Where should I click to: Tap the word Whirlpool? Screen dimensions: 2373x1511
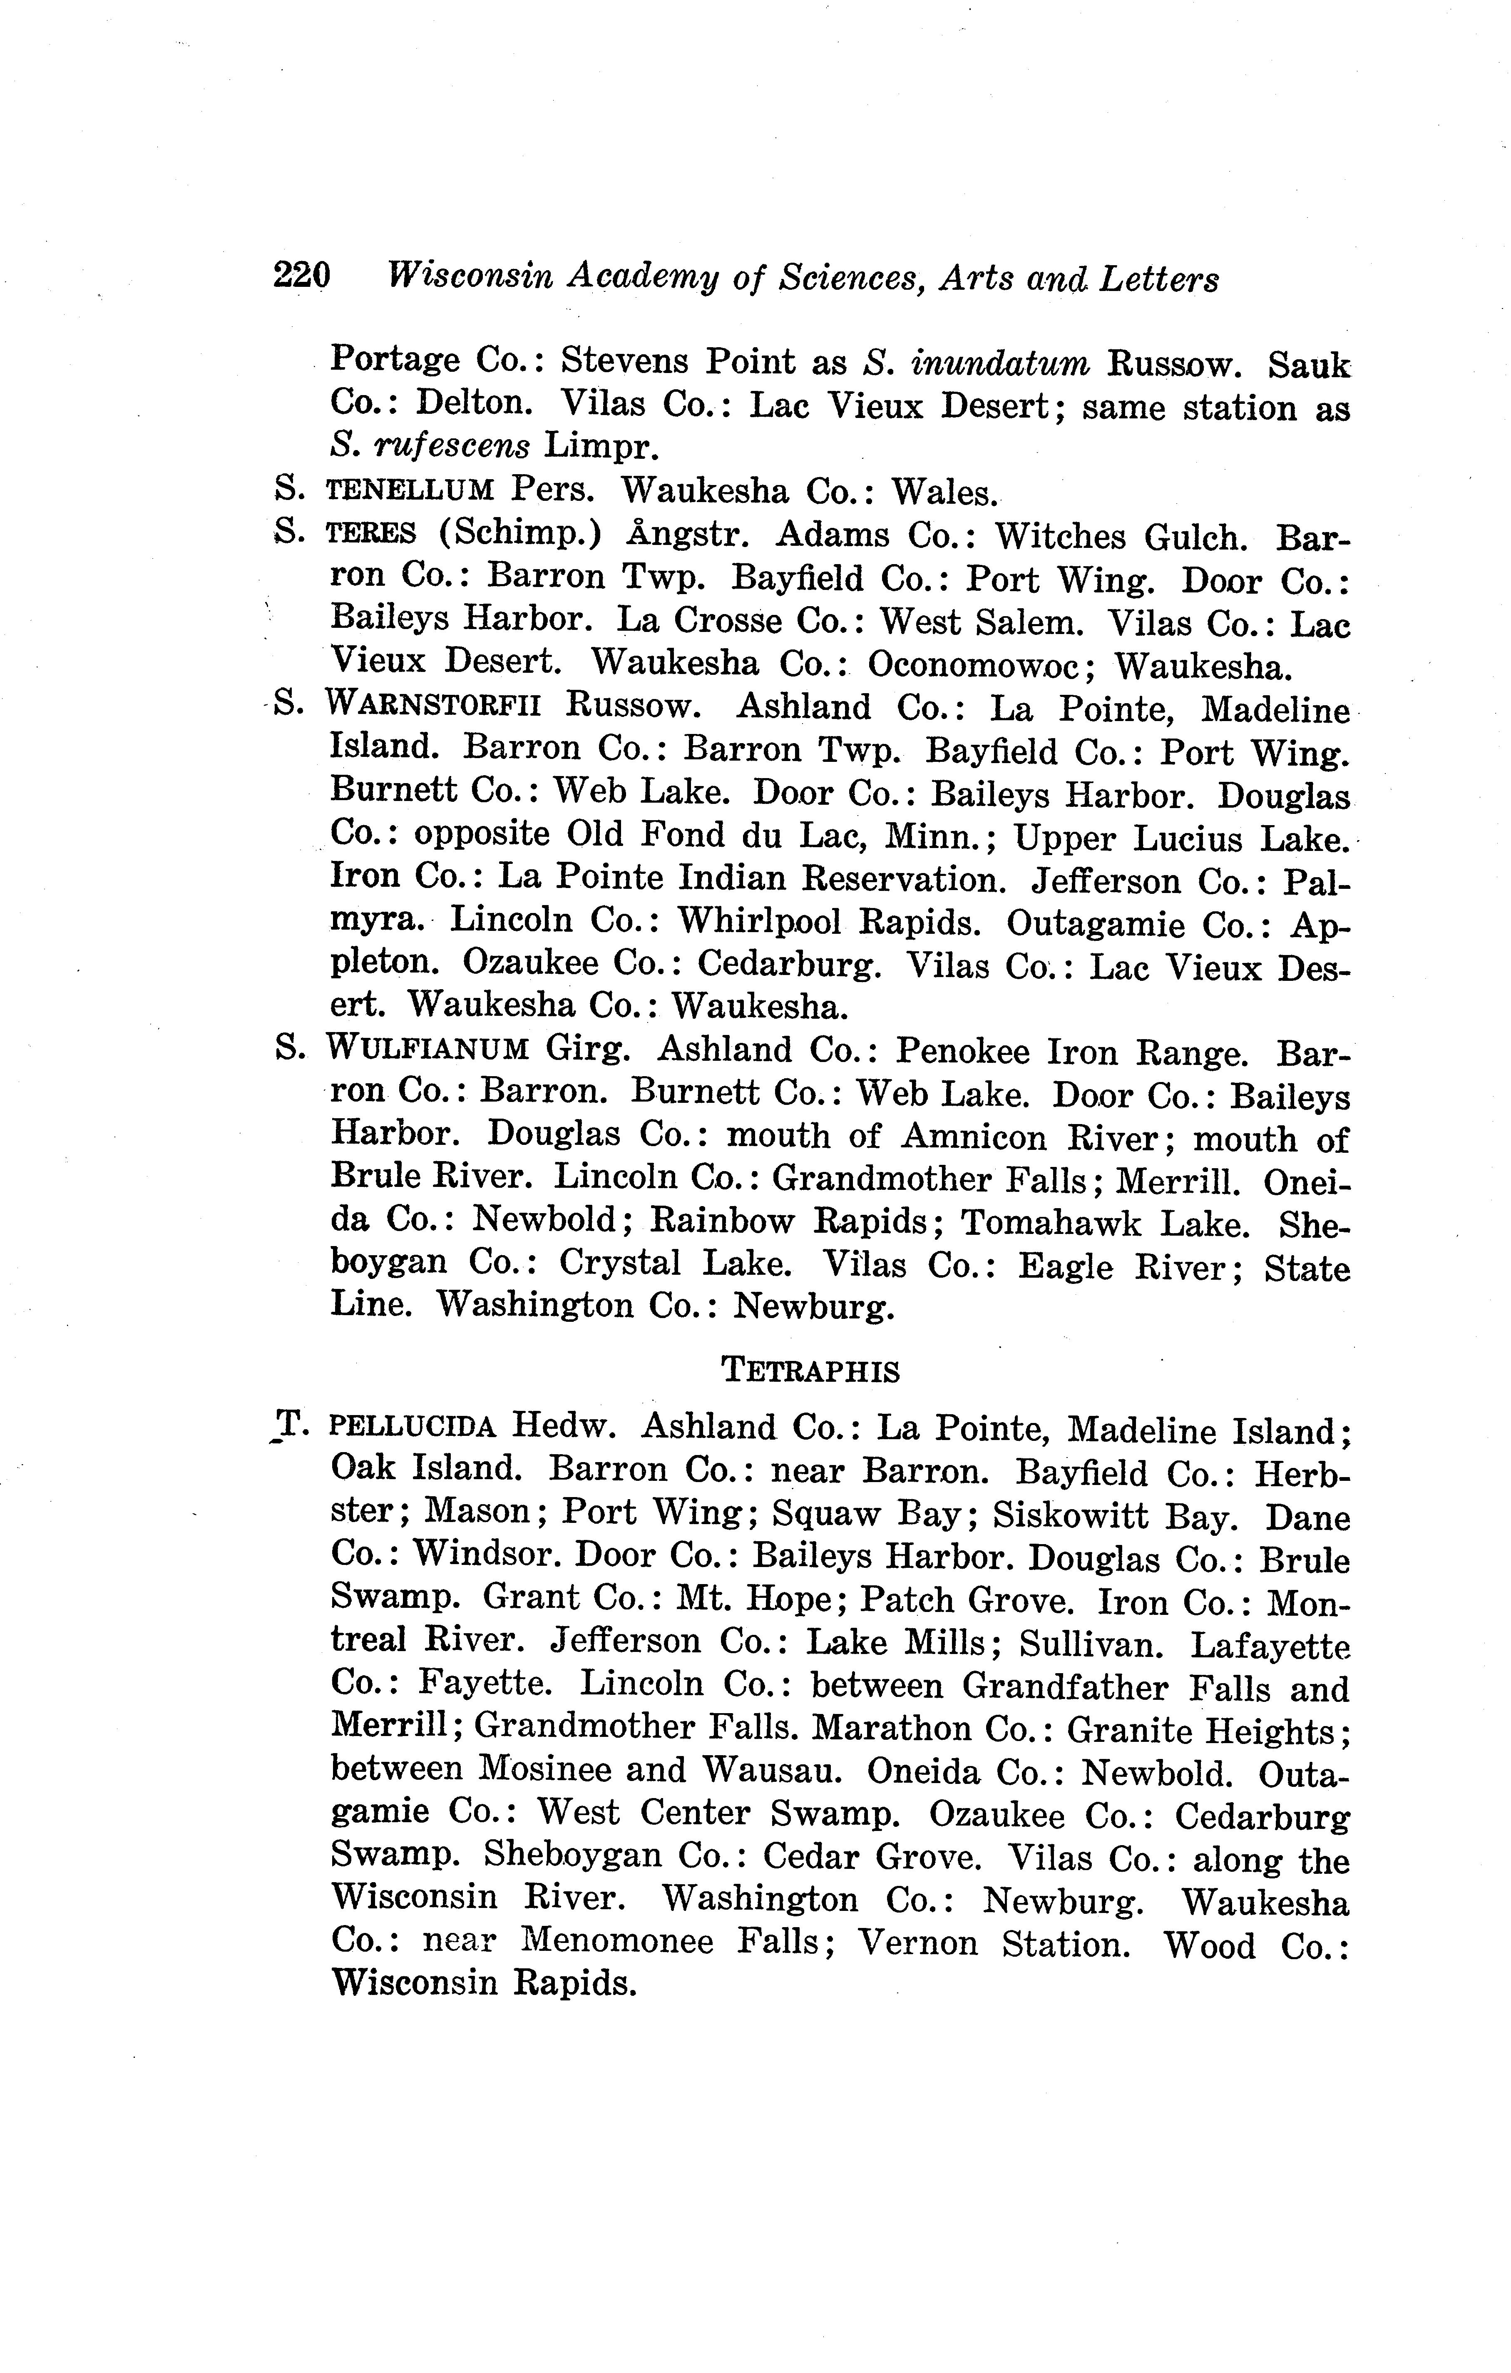pos(758,920)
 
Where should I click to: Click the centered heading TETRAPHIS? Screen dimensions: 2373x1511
pos(811,1370)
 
